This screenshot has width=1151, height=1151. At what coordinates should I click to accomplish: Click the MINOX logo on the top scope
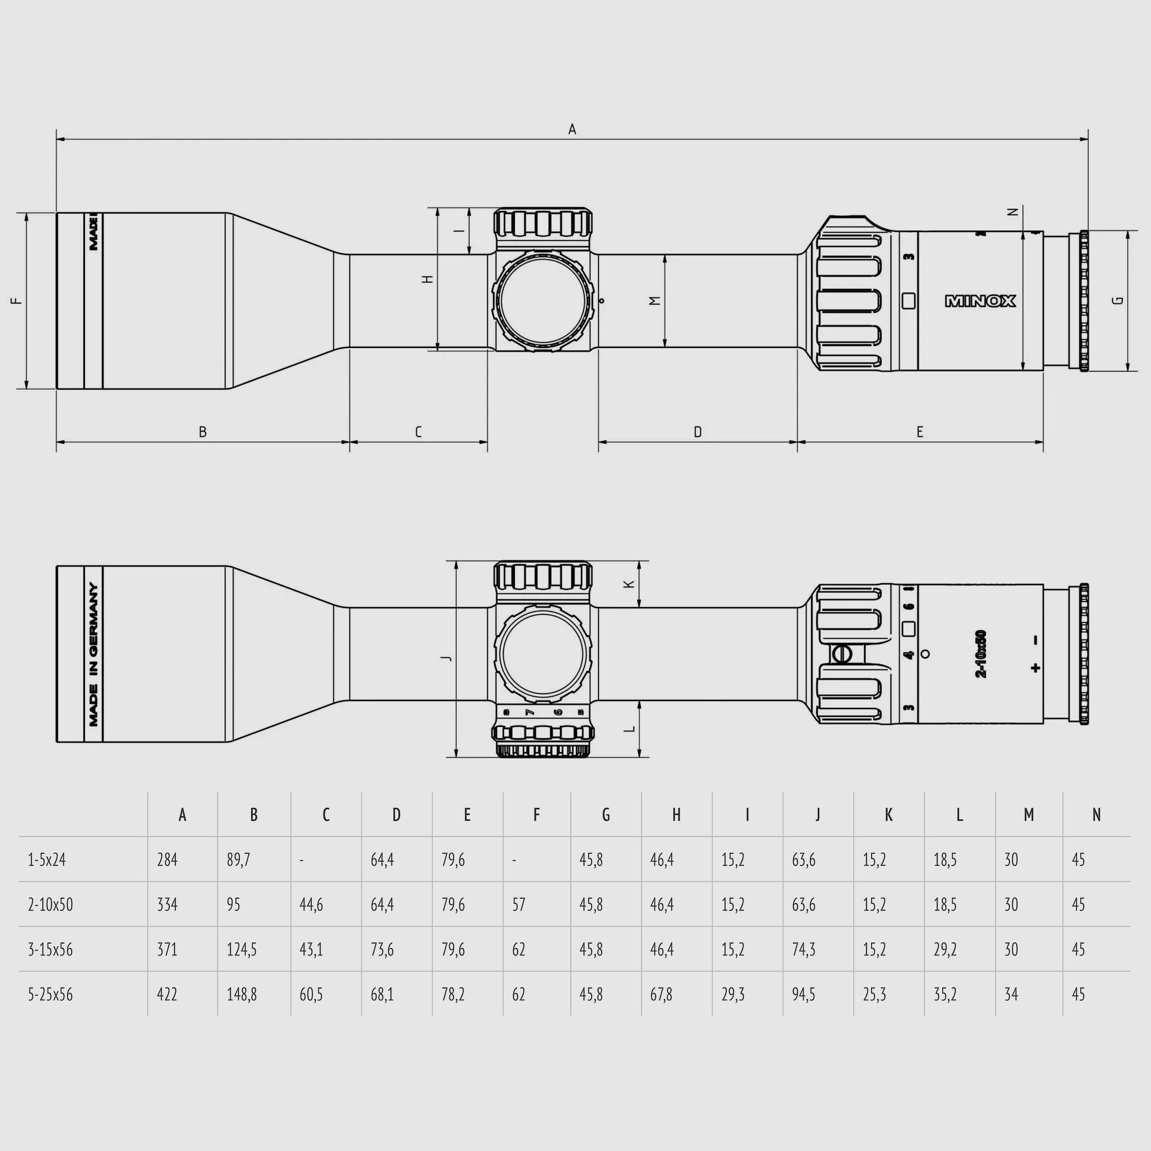tap(980, 301)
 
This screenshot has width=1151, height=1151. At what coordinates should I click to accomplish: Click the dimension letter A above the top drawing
tap(572, 129)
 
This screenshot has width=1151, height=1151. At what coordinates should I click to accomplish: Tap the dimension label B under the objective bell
tap(202, 432)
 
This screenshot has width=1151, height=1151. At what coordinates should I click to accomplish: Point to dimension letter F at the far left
tap(17, 301)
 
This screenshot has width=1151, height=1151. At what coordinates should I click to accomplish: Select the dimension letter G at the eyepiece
tap(1118, 300)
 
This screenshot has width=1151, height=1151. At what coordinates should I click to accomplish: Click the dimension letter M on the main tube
tap(655, 301)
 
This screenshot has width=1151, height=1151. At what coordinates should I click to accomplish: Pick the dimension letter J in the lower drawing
tap(446, 658)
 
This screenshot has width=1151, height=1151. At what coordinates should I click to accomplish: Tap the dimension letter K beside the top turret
tap(629, 584)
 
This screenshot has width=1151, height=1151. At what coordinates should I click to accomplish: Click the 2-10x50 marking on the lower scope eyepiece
tap(980, 653)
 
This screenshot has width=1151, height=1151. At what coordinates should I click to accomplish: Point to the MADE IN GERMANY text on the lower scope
tap(94, 654)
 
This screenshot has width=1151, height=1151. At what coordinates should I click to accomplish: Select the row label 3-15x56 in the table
tap(50, 949)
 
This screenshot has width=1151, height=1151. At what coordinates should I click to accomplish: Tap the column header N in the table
tap(1096, 815)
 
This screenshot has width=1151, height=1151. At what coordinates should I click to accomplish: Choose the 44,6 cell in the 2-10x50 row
tap(311, 905)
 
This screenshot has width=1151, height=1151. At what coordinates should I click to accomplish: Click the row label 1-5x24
tap(47, 860)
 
